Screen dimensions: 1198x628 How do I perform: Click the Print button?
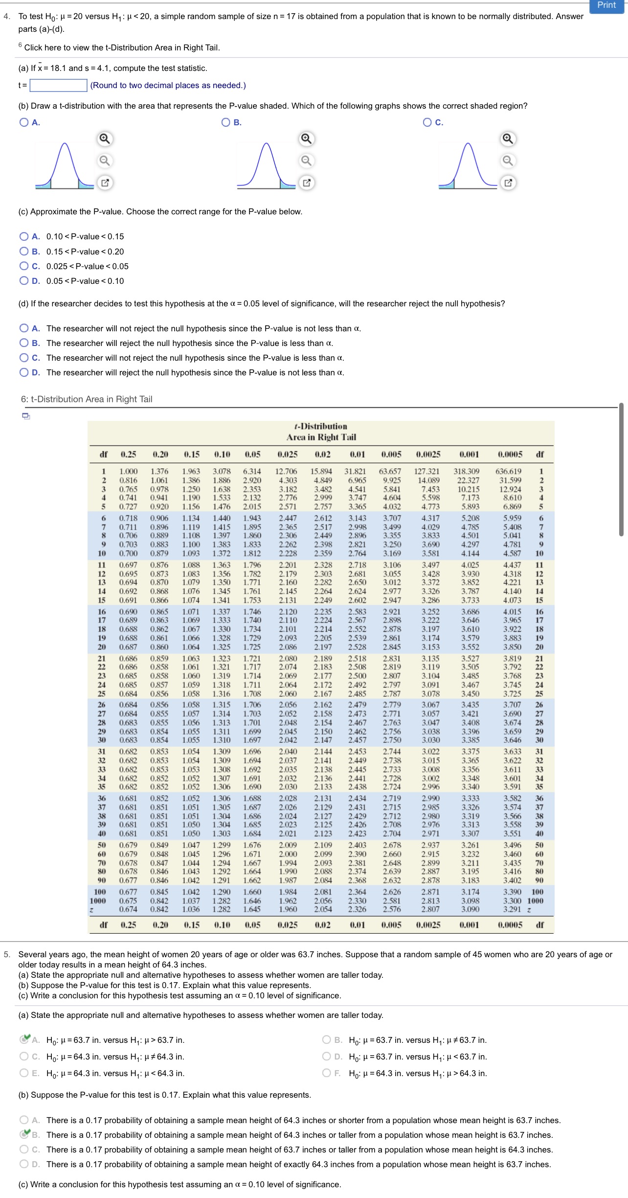click(606, 5)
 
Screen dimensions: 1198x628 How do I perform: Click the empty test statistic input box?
click(58, 85)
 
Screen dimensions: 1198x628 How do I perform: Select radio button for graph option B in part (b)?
click(226, 122)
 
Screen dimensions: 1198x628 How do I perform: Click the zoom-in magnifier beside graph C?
click(508, 139)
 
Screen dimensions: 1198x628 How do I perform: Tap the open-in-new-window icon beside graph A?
click(105, 183)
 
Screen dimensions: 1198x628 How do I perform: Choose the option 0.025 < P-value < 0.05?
click(24, 266)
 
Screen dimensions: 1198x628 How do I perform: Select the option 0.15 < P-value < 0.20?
click(24, 252)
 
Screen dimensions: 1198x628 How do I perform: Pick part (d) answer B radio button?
click(24, 343)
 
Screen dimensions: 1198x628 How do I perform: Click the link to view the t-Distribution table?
click(122, 47)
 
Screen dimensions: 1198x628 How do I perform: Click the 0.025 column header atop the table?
click(287, 454)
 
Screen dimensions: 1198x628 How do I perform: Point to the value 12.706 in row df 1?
click(286, 471)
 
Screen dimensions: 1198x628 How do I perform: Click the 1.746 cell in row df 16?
click(252, 612)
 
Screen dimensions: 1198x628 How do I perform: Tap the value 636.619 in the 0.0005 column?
click(508, 471)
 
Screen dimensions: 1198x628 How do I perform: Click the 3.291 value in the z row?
click(512, 909)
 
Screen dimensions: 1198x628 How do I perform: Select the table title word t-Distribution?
click(321, 426)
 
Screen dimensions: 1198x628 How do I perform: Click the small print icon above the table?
click(26, 416)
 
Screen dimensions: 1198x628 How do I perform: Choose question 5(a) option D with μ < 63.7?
click(327, 1057)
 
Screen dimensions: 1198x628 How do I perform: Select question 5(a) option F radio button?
click(327, 1073)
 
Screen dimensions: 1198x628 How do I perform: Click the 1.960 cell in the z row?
click(288, 909)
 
